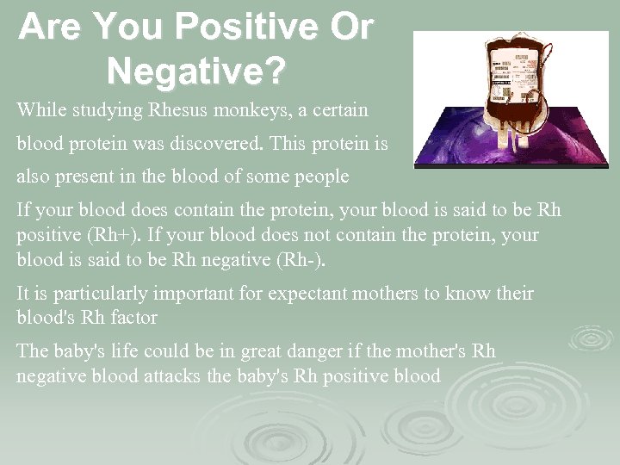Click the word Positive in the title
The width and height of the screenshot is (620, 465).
pos(230,28)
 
